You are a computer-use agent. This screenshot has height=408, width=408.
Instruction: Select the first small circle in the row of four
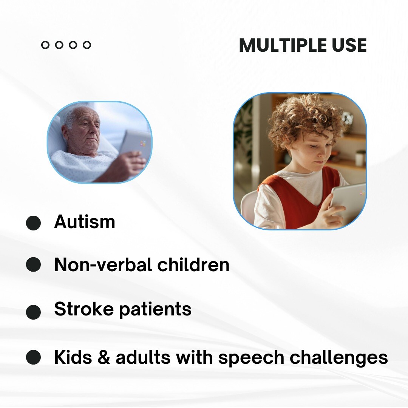[45, 45]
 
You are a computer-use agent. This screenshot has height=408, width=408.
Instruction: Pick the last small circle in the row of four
[87, 45]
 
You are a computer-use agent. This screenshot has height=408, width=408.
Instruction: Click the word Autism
[85, 221]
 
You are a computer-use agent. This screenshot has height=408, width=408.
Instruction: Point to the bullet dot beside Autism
[33, 223]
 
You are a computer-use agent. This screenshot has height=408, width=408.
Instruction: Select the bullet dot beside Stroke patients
[33, 312]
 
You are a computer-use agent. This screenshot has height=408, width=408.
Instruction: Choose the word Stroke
[83, 309]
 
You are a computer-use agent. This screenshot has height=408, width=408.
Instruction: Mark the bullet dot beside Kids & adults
[33, 357]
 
